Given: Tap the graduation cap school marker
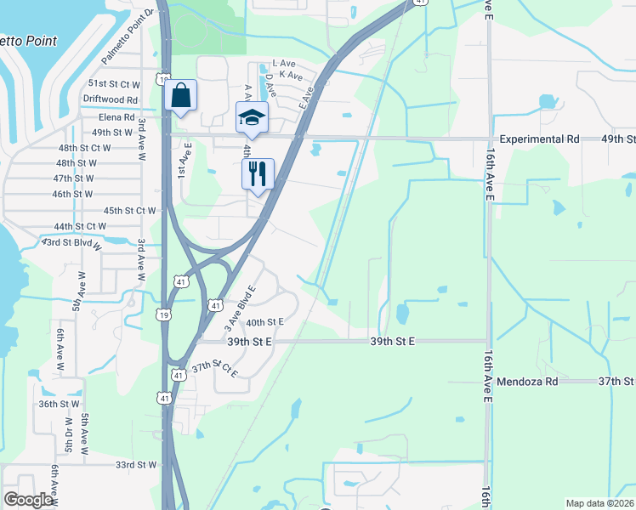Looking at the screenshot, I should click(252, 117).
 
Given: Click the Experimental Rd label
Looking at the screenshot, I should click(539, 139).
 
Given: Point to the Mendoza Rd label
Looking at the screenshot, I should click(528, 382).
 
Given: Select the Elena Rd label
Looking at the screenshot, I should click(116, 117).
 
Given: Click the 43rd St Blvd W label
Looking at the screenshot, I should click(72, 243).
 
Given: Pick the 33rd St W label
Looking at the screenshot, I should click(136, 465).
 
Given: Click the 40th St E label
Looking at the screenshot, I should click(264, 322).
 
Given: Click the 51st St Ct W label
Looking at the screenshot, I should click(114, 84).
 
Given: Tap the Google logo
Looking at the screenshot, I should click(28, 499).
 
